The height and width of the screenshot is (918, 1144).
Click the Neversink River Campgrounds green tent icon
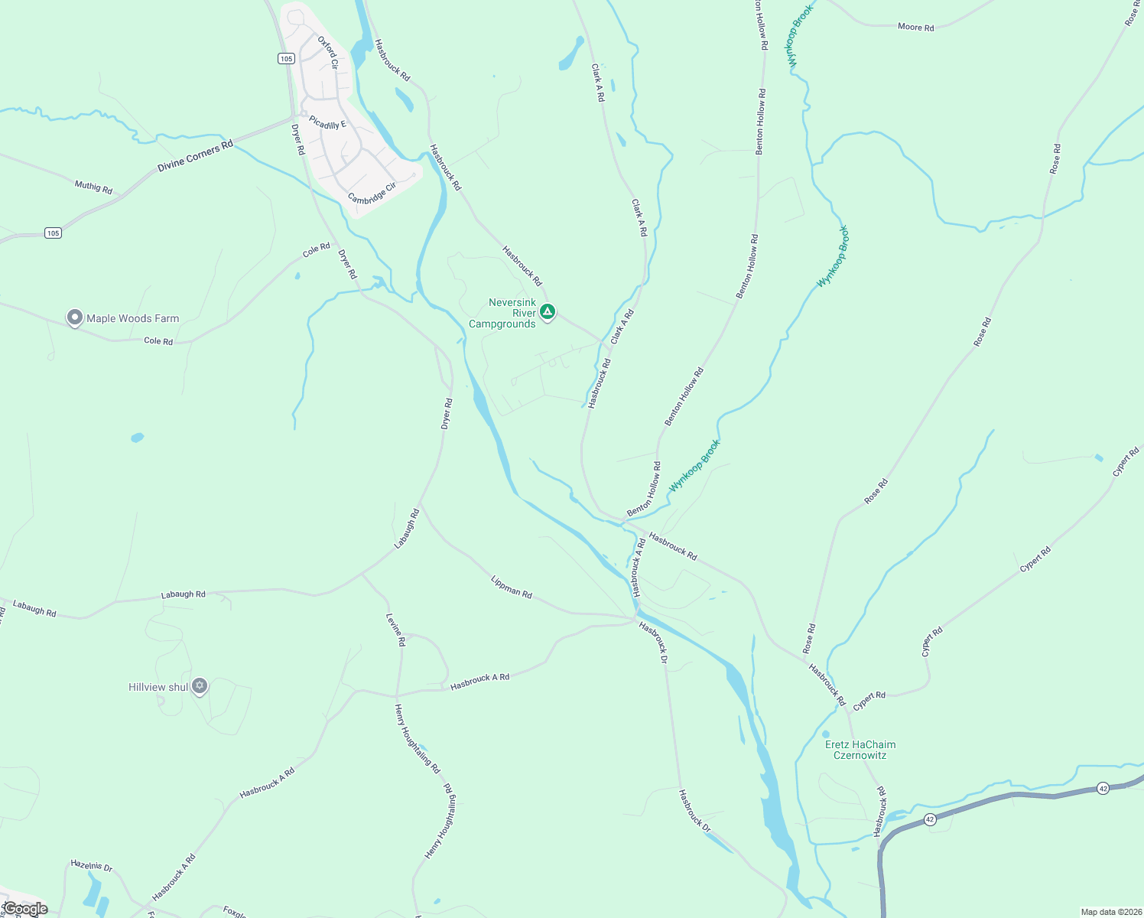[x=547, y=311]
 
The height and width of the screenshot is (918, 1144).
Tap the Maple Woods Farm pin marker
[x=74, y=317]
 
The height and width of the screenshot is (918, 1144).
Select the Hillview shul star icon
[x=200, y=685]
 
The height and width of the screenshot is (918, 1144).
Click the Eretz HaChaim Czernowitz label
[x=860, y=750]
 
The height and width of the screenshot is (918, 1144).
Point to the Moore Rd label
[x=915, y=27]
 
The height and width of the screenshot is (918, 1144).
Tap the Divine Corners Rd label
[x=195, y=155]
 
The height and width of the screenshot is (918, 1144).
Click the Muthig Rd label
[x=93, y=187]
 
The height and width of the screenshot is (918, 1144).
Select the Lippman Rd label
[x=511, y=587]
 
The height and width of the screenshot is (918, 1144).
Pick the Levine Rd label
[x=395, y=630]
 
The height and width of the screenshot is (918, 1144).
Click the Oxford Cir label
[x=328, y=53]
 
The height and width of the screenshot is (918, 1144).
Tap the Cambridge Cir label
[x=372, y=193]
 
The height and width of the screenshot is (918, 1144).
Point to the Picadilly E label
[x=327, y=122]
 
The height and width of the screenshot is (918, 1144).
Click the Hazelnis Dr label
[x=91, y=865]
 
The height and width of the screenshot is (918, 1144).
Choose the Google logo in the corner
[x=25, y=909]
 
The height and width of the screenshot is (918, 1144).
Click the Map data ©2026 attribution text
[x=1110, y=912]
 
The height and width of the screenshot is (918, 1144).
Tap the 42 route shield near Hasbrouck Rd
[x=929, y=819]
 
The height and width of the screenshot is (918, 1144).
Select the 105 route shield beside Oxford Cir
[x=286, y=58]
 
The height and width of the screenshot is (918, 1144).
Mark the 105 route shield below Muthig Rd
[x=52, y=233]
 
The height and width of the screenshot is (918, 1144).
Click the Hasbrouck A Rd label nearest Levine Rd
[x=479, y=682]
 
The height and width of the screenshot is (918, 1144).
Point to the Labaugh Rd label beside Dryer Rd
[x=407, y=529]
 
